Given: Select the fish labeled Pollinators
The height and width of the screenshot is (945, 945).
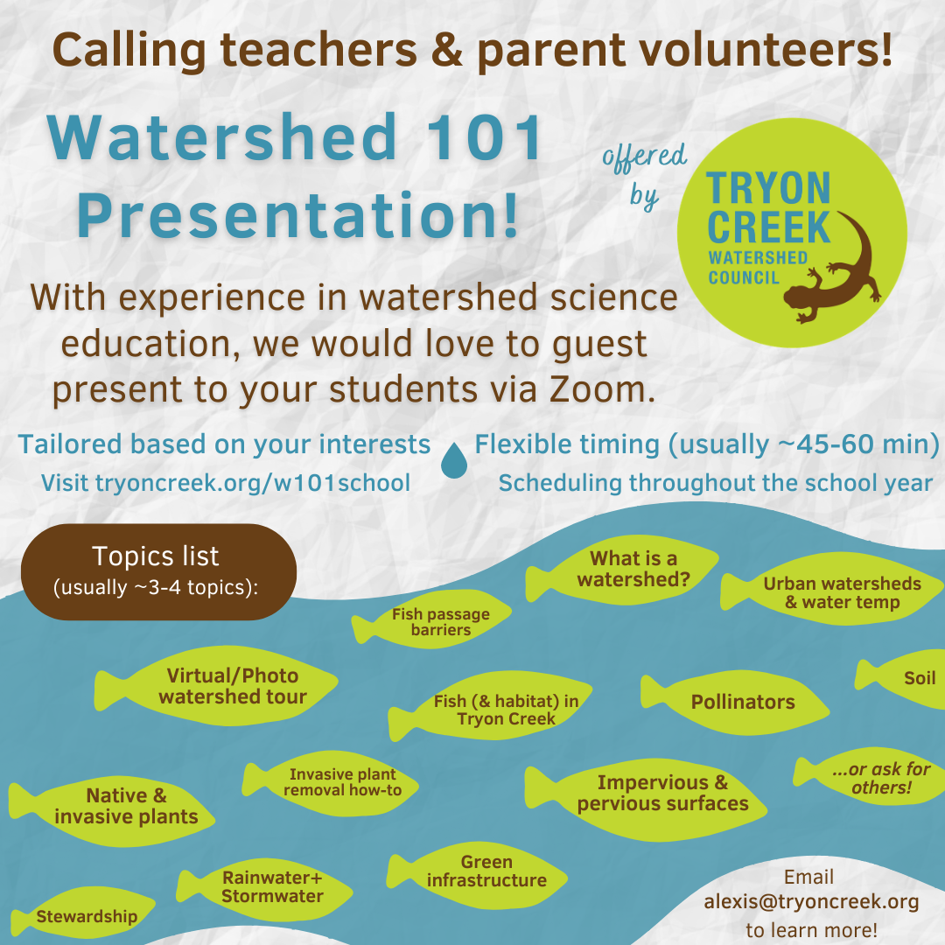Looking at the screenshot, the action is click(735, 702).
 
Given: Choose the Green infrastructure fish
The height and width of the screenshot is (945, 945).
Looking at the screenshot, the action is click(477, 875).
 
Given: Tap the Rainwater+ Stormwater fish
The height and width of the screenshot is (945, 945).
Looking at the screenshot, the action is click(264, 889).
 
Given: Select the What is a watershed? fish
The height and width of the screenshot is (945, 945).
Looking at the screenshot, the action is click(622, 570).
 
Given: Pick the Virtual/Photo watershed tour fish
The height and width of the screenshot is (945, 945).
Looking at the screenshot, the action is click(216, 686).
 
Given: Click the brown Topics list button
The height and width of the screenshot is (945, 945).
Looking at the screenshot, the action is click(158, 572).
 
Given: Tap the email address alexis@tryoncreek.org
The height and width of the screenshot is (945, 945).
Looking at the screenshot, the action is click(811, 901).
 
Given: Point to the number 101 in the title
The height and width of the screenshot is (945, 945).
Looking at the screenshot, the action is click(484, 138).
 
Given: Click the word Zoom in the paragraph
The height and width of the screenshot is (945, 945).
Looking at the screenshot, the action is click(602, 389).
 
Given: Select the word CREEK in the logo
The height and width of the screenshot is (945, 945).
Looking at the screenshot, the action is click(768, 227).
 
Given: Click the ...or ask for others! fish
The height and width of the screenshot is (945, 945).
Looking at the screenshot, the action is click(869, 778).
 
